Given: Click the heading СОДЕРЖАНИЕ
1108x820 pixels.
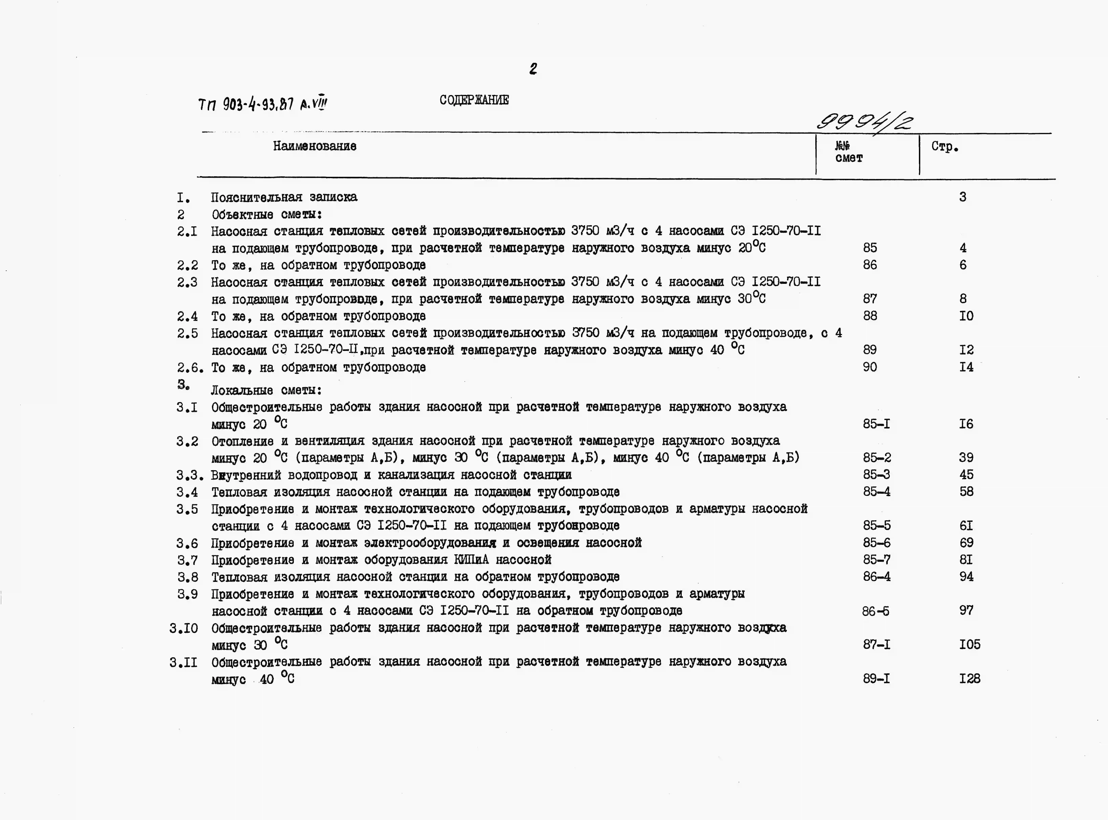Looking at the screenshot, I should [474, 100].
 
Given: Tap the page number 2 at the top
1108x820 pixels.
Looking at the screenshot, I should [533, 68].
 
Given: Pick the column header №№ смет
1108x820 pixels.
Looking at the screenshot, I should [848, 152].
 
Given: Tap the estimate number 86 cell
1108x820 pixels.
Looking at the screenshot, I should [870, 265].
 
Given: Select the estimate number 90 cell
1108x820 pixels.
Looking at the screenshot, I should [870, 367].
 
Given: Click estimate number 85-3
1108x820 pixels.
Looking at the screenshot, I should [876, 475].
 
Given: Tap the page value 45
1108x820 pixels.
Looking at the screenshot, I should [966, 475].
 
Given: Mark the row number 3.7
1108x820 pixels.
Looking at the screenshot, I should [188, 560].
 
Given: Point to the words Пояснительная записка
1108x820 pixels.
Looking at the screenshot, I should [284, 197].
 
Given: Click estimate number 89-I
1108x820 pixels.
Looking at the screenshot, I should [876, 679].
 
